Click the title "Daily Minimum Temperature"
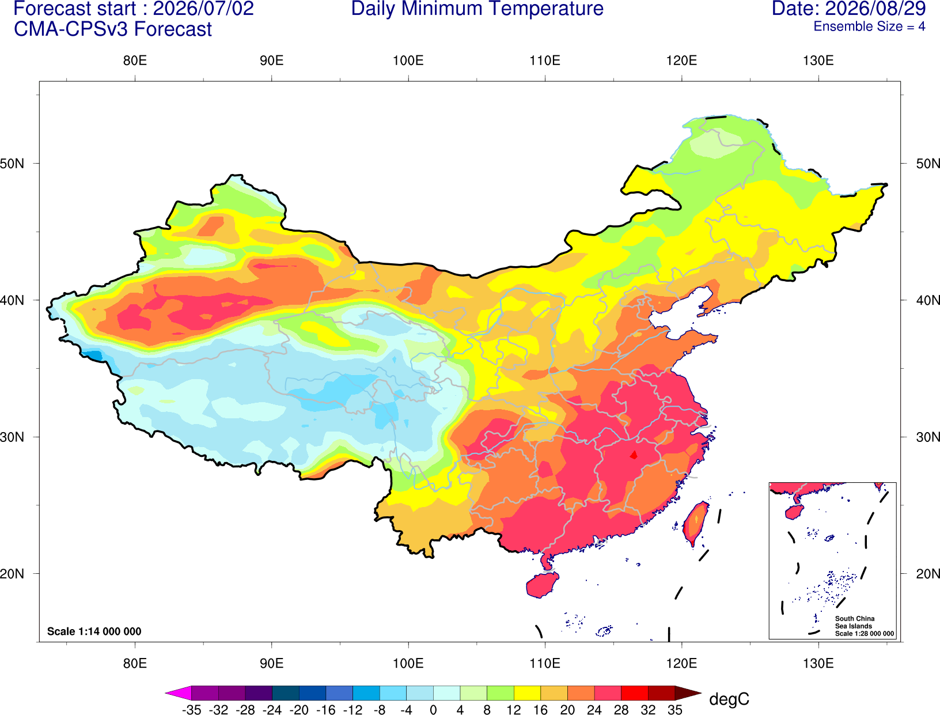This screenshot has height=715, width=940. (477, 9)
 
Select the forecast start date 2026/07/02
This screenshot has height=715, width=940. (203, 9)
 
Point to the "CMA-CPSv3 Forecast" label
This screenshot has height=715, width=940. (113, 29)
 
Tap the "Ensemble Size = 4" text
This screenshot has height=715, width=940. (869, 27)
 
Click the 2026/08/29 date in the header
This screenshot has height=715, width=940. (875, 9)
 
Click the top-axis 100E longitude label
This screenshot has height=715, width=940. (408, 60)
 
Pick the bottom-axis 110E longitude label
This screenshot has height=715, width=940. (545, 664)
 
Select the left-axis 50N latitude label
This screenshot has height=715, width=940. (12, 163)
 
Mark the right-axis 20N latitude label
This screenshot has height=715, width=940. (927, 574)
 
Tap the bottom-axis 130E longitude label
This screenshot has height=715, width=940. (818, 664)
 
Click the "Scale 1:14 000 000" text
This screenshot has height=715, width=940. (94, 631)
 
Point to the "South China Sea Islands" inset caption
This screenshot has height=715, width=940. (855, 622)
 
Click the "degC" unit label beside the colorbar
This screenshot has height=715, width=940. (729, 699)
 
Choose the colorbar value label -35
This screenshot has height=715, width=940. (191, 710)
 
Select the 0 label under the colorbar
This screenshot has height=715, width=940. (433, 710)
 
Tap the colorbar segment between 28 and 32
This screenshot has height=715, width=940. (635, 693)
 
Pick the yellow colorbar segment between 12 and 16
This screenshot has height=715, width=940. (527, 693)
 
